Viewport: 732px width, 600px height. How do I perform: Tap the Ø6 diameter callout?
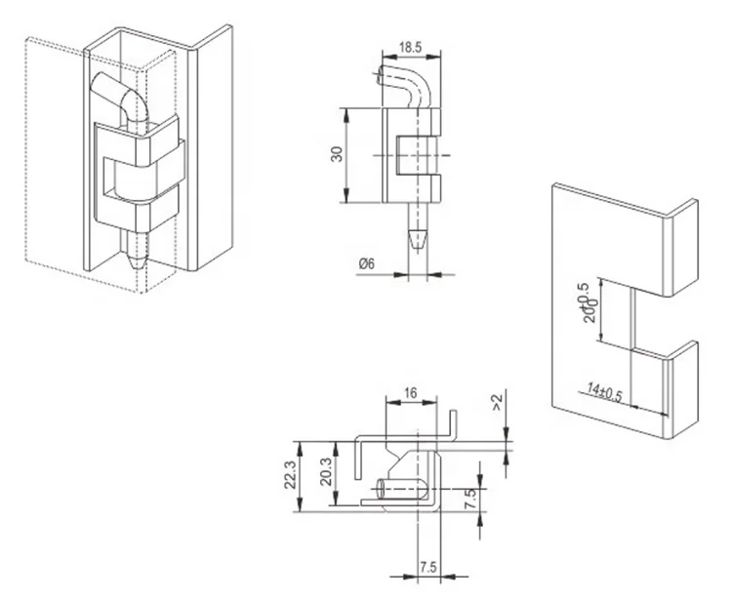(x=368, y=261)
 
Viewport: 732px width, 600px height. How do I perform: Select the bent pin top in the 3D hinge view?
(x=117, y=98)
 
